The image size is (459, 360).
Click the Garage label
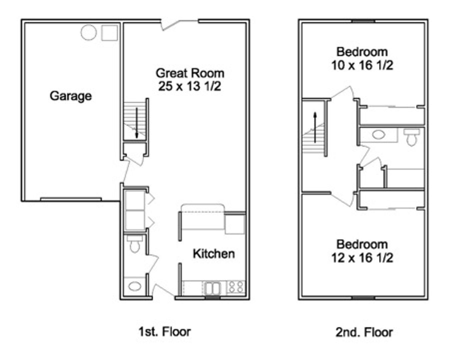click(x=71, y=96)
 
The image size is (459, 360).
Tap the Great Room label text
click(x=190, y=73)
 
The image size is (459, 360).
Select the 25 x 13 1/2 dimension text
click(x=190, y=86)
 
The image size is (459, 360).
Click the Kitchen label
click(x=214, y=254)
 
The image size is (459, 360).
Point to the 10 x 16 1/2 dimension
click(x=362, y=65)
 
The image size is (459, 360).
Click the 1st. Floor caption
click(x=164, y=332)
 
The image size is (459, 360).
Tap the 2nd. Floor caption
click(x=364, y=332)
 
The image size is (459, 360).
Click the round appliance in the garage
click(x=89, y=32)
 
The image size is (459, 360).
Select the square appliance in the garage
click(x=109, y=33)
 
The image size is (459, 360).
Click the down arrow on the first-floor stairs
click(x=136, y=123)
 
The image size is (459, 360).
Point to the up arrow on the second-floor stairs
click(x=315, y=127)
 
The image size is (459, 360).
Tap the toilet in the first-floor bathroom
click(x=134, y=244)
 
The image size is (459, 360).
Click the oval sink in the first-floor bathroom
click(x=134, y=286)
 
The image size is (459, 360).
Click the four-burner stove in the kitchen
click(x=236, y=287)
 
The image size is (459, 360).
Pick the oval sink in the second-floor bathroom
click(x=379, y=135)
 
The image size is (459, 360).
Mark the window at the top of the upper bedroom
click(x=363, y=21)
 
